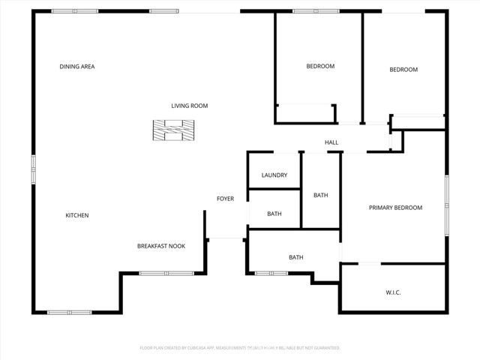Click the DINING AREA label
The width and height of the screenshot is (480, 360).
pyautogui.click(x=77, y=67)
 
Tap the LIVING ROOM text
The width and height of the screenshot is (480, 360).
pyautogui.click(x=189, y=106)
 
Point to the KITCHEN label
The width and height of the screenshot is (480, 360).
pyautogui.click(x=77, y=215)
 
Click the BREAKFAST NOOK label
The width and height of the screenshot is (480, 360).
pyautogui.click(x=160, y=246)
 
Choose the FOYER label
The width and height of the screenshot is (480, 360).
pyautogui.click(x=225, y=199)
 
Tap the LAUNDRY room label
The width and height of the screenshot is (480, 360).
pyautogui.click(x=274, y=175)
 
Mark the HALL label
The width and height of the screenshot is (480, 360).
pyautogui.click(x=331, y=142)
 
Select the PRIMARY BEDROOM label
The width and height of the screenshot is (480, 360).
pyautogui.click(x=395, y=208)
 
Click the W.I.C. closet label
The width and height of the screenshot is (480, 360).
pyautogui.click(x=393, y=292)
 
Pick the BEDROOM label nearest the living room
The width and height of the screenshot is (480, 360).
pyautogui.click(x=320, y=67)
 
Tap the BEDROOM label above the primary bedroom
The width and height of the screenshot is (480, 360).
pyautogui.click(x=403, y=70)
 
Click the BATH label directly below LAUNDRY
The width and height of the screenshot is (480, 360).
pyautogui.click(x=274, y=214)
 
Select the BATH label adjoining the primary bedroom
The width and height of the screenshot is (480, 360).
pyautogui.click(x=320, y=196)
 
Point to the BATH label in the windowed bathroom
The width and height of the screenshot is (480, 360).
pyautogui.click(x=296, y=258)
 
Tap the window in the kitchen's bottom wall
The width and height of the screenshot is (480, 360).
pyautogui.click(x=69, y=312)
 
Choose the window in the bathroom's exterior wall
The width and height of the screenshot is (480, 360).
pyautogui.click(x=271, y=273)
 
